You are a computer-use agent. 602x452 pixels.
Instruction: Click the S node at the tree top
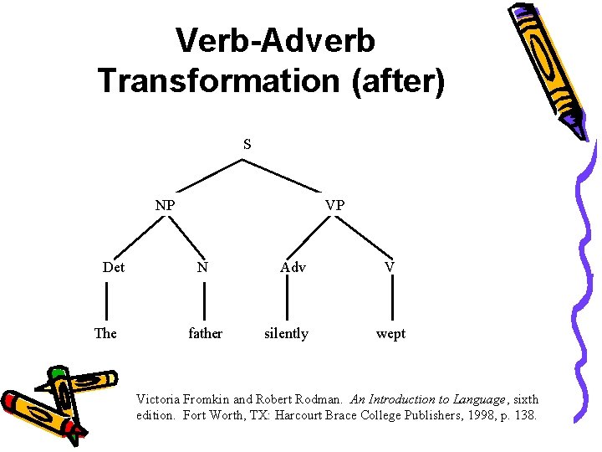pos(247,144)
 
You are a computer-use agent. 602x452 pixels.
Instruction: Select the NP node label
pos(165,204)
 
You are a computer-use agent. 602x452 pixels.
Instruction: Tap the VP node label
pos(334,204)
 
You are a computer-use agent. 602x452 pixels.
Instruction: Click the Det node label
pos(114,268)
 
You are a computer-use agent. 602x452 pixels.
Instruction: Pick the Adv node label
pos(293,268)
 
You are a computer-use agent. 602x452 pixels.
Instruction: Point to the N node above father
pos(202,268)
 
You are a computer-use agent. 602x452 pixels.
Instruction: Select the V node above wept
pos(390,267)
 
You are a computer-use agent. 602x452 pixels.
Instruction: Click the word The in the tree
pos(105,333)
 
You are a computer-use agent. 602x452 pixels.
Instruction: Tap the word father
pos(205,333)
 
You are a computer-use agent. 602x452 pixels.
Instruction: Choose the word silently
pos(286,333)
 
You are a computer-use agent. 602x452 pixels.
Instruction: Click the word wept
pos(390,333)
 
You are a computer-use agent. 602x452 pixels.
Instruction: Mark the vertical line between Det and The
pos(106,300)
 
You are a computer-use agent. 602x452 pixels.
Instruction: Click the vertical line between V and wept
pos(392,300)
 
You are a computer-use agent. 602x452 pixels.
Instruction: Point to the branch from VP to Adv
pos(312,238)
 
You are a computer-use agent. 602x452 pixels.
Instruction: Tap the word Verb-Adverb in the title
pos(275,39)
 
